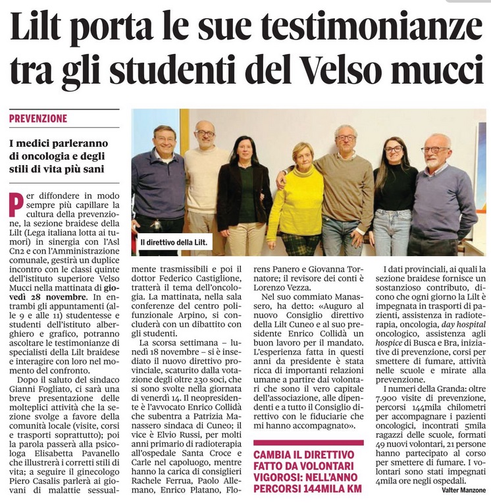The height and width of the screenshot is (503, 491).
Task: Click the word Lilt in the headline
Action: pos(45,30)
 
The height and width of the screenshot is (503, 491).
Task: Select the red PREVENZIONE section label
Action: pos(38,119)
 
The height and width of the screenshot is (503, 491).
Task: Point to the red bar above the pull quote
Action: pos(308,442)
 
